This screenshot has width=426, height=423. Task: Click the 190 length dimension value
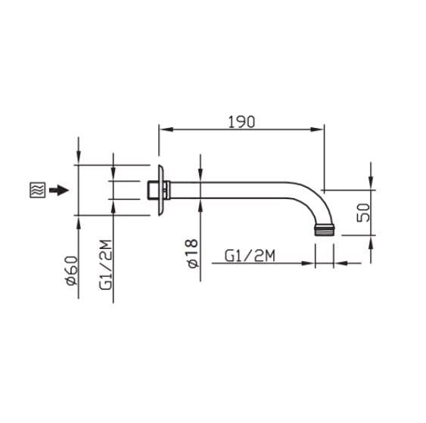pos(241,121)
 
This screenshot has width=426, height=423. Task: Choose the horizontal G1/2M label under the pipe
pos(250,257)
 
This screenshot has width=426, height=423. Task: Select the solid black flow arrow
pos(58,190)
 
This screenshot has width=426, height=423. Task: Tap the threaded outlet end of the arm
pos(325,230)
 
